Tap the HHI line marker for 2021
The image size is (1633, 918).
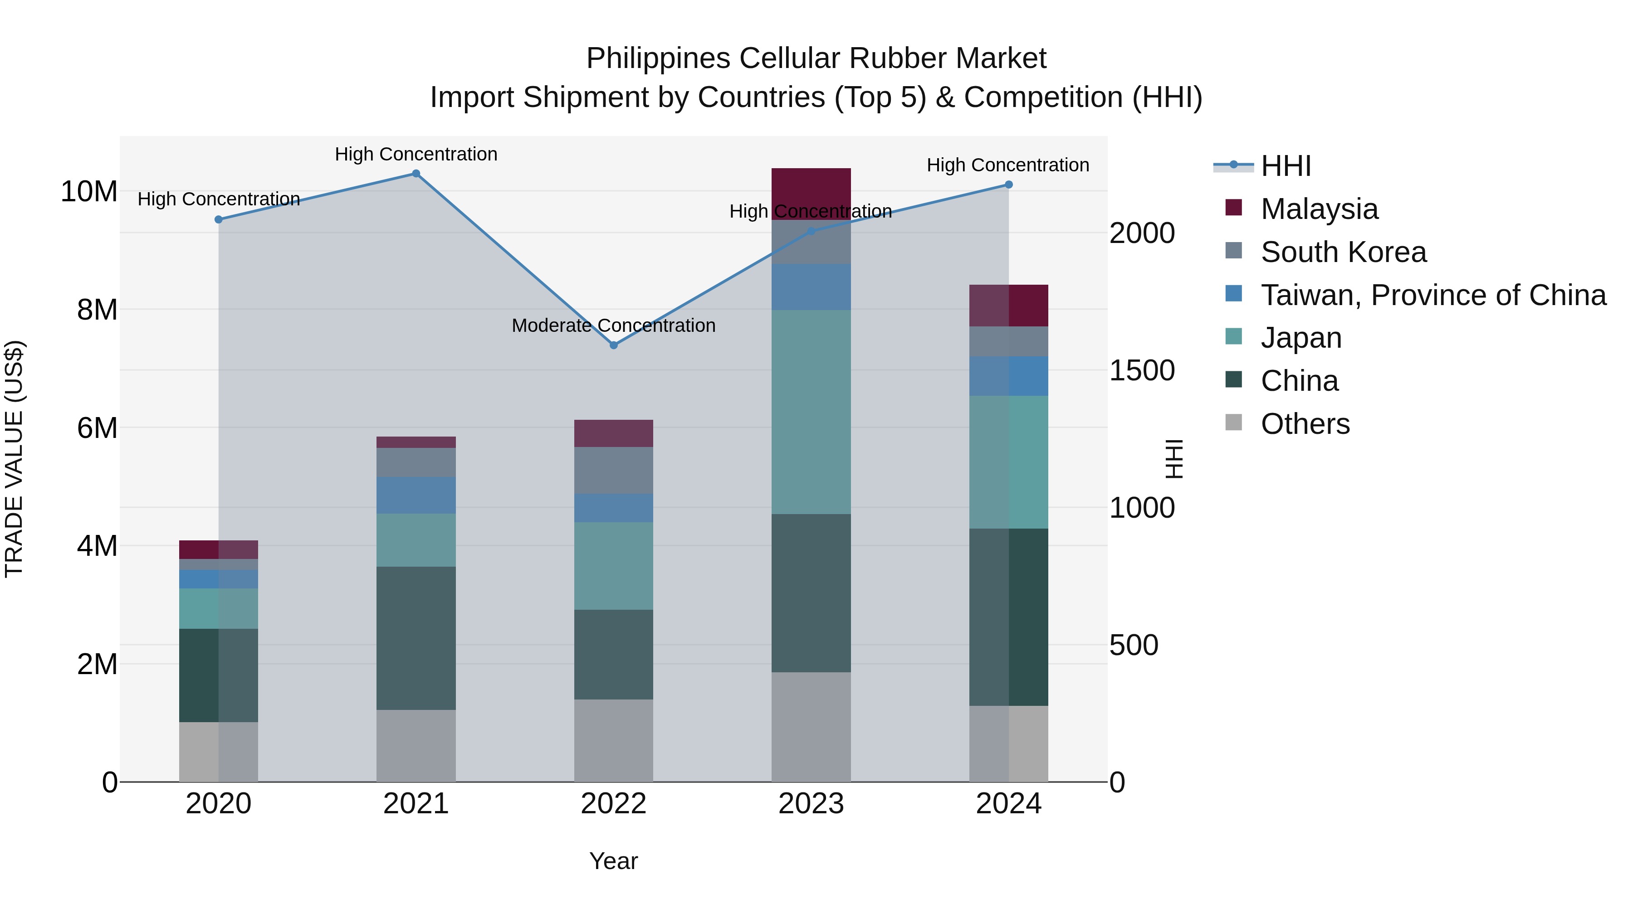point(416,174)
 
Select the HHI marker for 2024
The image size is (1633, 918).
point(1008,185)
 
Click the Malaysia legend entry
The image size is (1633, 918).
point(1319,209)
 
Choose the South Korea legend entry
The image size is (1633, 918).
point(1343,252)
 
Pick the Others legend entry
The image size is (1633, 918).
point(1305,424)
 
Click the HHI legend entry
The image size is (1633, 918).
point(1286,166)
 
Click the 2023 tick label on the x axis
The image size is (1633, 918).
point(811,804)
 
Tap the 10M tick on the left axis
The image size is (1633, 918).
point(89,191)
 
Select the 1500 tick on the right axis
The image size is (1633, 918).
point(1142,371)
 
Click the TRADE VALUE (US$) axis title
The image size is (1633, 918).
point(14,459)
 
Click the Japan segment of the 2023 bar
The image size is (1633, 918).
point(811,412)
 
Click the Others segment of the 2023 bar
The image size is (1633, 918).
point(811,727)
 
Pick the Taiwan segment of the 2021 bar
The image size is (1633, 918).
point(416,495)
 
